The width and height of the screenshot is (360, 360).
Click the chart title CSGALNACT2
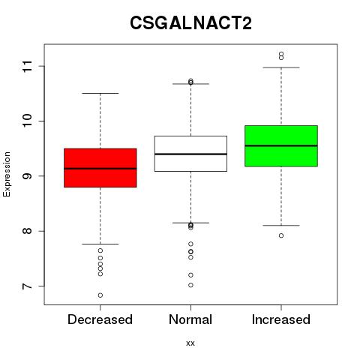(x=190, y=23)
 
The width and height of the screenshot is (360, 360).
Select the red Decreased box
(x=100, y=168)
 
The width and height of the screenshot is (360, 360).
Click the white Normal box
(x=190, y=154)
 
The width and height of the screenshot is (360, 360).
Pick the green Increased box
(x=281, y=146)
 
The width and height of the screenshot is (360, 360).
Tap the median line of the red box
(x=100, y=169)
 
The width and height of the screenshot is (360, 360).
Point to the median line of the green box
(x=281, y=145)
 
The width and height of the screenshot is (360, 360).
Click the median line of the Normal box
(x=190, y=154)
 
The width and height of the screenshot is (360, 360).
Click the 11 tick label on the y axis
(x=27, y=66)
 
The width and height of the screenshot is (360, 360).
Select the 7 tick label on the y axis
(x=27, y=286)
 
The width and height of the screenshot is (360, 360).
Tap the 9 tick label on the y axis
(x=27, y=176)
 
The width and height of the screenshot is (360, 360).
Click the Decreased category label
(x=100, y=319)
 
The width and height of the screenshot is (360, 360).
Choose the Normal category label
(x=190, y=319)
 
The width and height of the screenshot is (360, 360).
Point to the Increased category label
(x=281, y=319)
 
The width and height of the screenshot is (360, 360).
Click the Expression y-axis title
(x=7, y=174)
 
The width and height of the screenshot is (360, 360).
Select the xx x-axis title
(x=190, y=343)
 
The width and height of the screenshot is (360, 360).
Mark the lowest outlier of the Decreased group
(x=100, y=295)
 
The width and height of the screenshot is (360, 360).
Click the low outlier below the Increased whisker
(x=281, y=235)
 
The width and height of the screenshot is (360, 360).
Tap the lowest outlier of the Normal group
(x=190, y=285)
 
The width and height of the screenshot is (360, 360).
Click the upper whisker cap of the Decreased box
(x=100, y=93)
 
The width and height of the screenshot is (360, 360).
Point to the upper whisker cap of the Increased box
(x=281, y=67)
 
